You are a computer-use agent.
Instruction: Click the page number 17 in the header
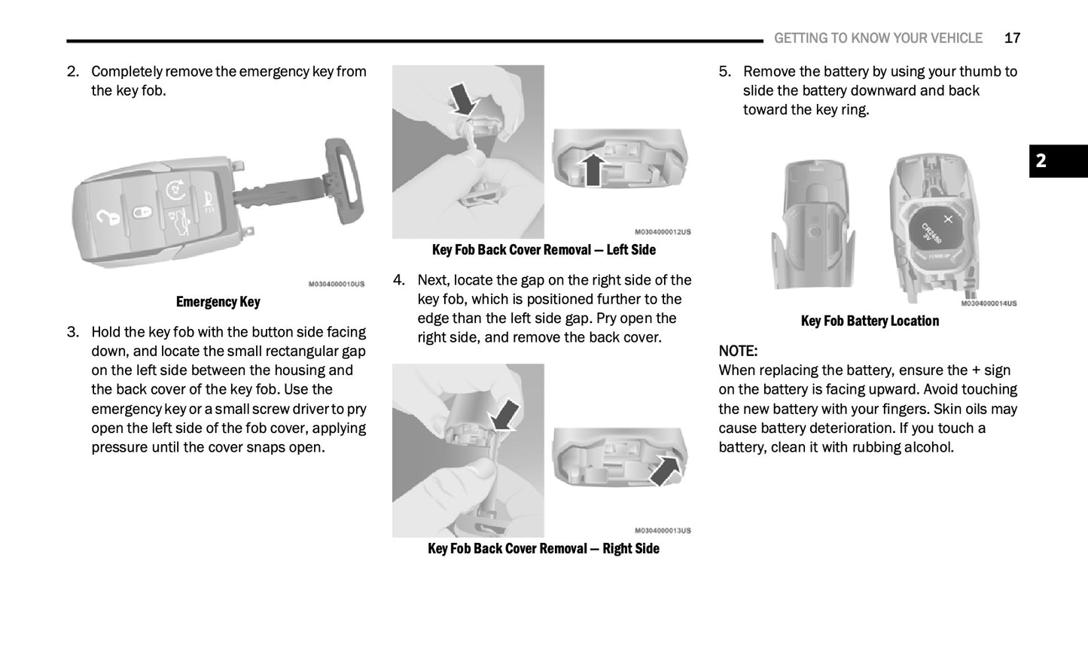click(x=1012, y=38)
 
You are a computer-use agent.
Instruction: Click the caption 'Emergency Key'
click(x=218, y=302)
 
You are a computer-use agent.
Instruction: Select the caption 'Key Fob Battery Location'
click(x=870, y=321)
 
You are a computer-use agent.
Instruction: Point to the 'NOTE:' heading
click(x=738, y=351)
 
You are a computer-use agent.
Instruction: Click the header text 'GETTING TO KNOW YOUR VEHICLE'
click(x=878, y=38)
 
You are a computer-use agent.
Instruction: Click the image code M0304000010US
click(x=336, y=284)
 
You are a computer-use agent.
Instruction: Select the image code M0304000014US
click(x=988, y=303)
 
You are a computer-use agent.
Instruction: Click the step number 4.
click(x=399, y=280)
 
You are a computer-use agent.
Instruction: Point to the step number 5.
click(x=724, y=72)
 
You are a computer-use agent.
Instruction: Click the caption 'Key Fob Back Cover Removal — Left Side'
click(x=544, y=250)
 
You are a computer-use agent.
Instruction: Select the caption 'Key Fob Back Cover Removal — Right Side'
click(x=544, y=549)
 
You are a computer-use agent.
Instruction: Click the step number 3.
click(x=72, y=332)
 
